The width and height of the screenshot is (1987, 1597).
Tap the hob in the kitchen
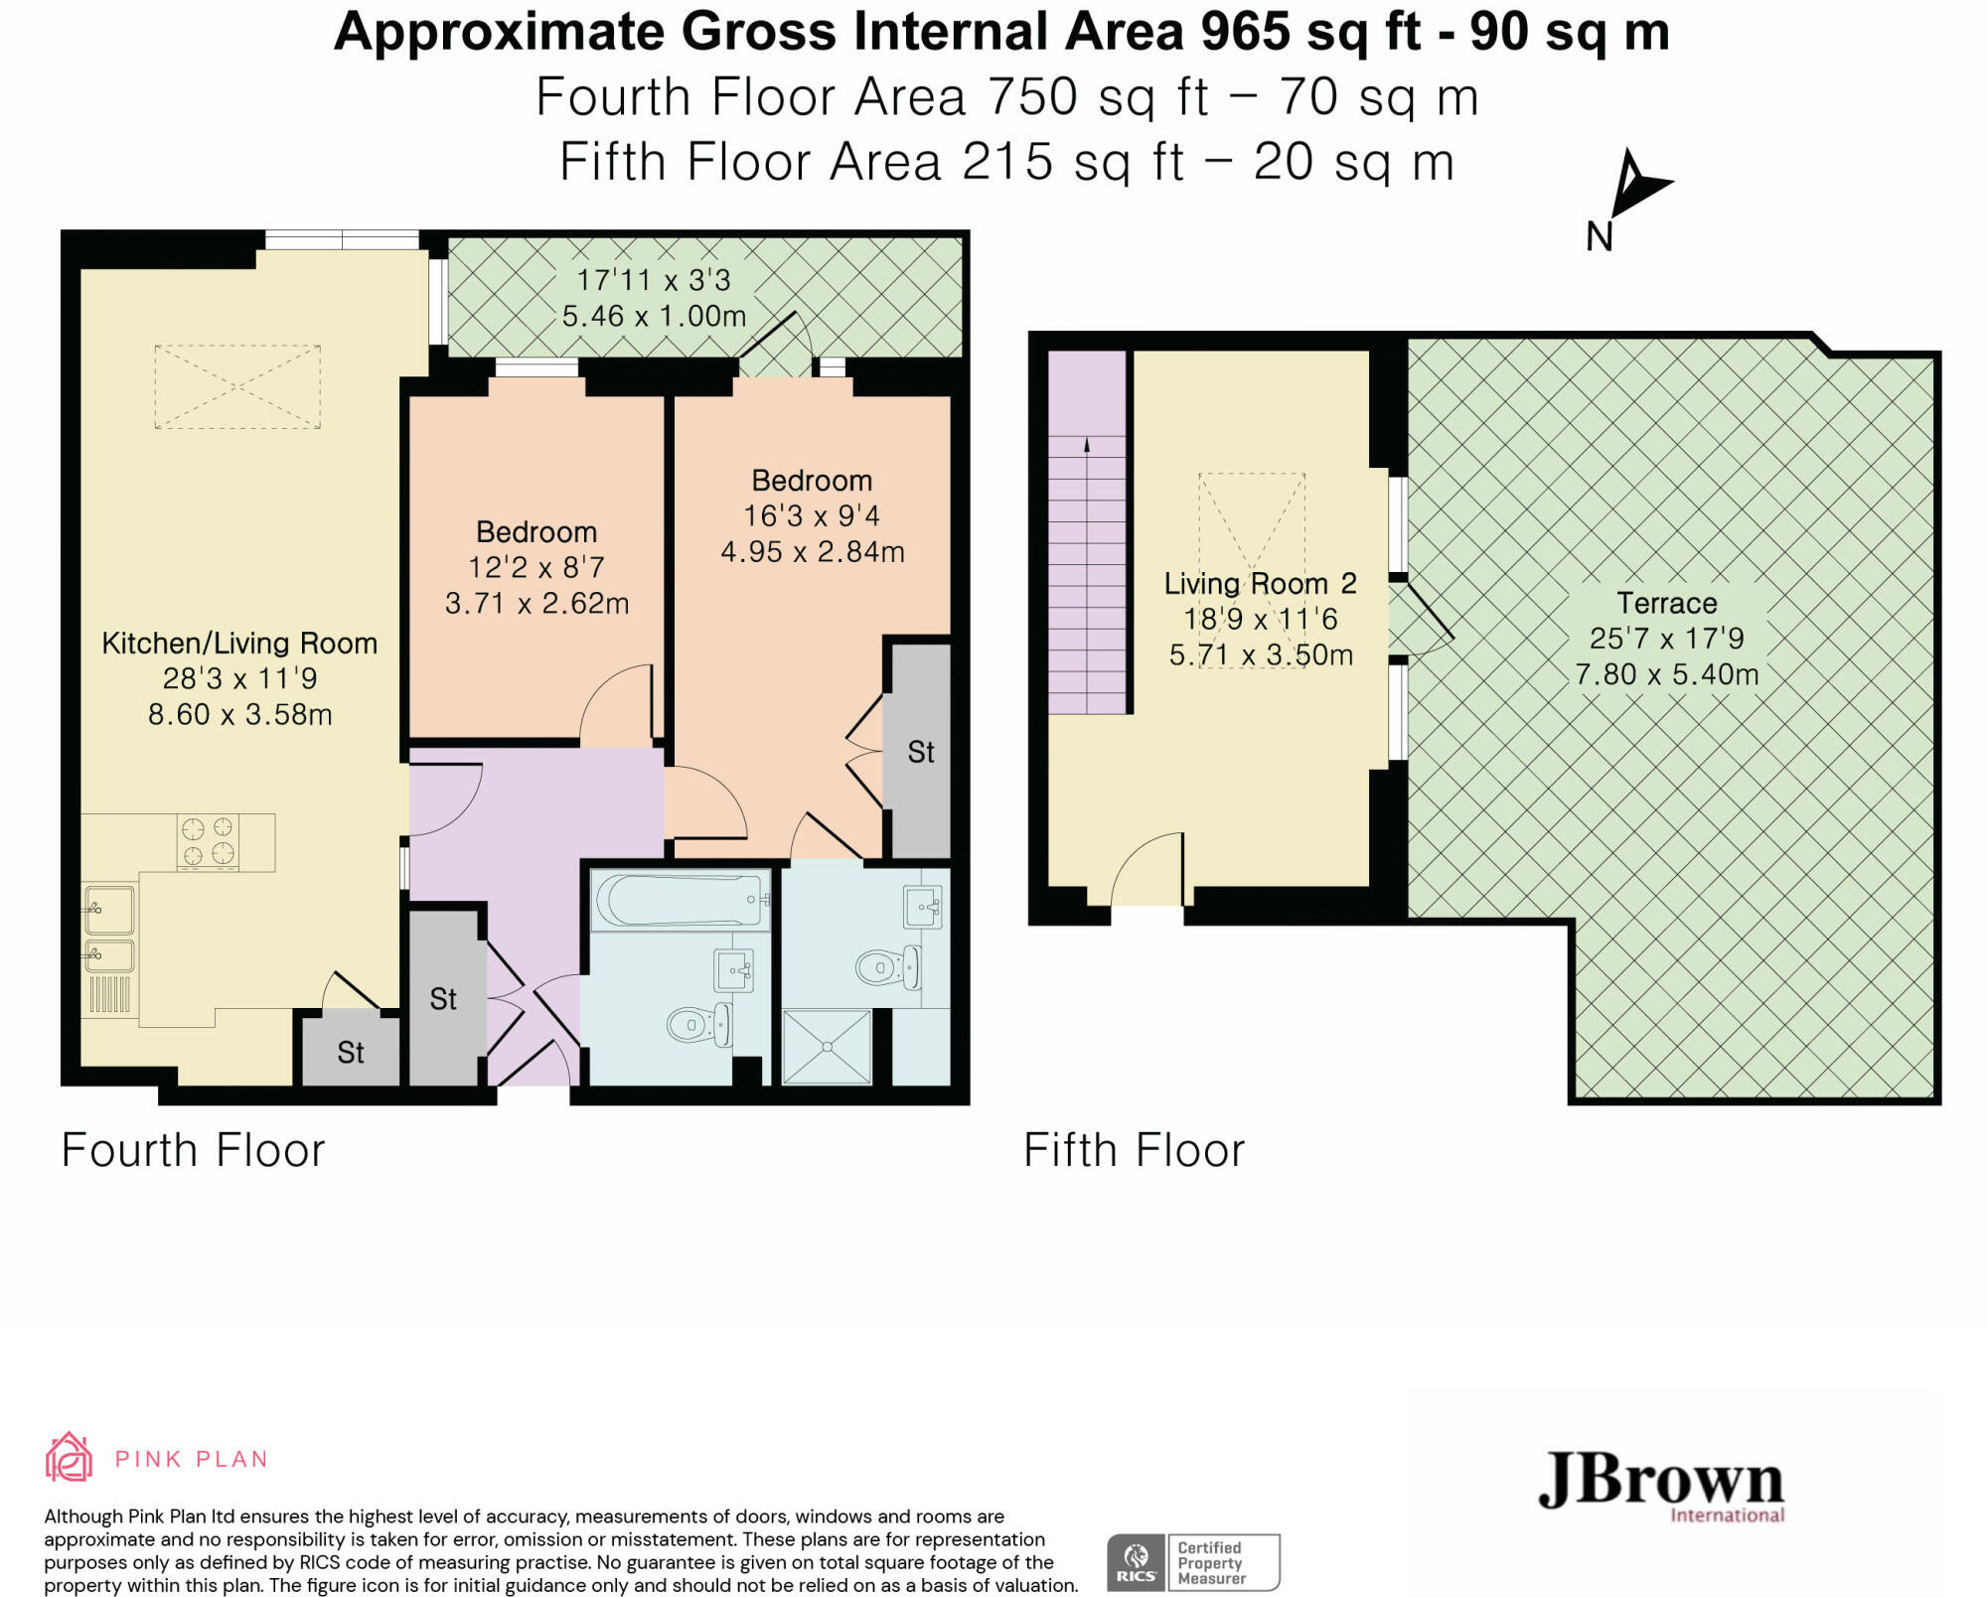pos(208,842)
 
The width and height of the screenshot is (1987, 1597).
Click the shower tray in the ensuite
pos(827,1047)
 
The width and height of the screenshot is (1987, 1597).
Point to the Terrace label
pos(1666,603)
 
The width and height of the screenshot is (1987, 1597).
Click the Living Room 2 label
pos(1260,583)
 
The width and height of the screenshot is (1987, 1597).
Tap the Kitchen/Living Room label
pos(239,643)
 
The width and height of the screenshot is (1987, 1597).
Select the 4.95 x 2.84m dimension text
pos(813,551)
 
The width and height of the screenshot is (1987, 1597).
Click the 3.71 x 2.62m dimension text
pos(536,603)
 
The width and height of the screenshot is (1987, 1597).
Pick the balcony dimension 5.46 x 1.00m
pos(654,316)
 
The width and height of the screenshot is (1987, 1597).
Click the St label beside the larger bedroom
pos(921,752)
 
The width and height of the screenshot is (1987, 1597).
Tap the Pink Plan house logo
pos(69,1457)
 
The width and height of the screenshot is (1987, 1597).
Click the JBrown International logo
pos(1661,1487)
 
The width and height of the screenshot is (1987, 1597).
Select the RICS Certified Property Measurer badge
pos(1193,1562)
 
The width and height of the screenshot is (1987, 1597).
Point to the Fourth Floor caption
pos(193,1150)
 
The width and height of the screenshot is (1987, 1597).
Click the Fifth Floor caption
pos(1134,1150)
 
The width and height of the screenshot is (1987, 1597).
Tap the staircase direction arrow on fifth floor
pos(1088,575)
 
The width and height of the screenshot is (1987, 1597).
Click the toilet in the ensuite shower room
pos(888,966)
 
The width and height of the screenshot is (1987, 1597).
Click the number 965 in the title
pos(1245,32)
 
